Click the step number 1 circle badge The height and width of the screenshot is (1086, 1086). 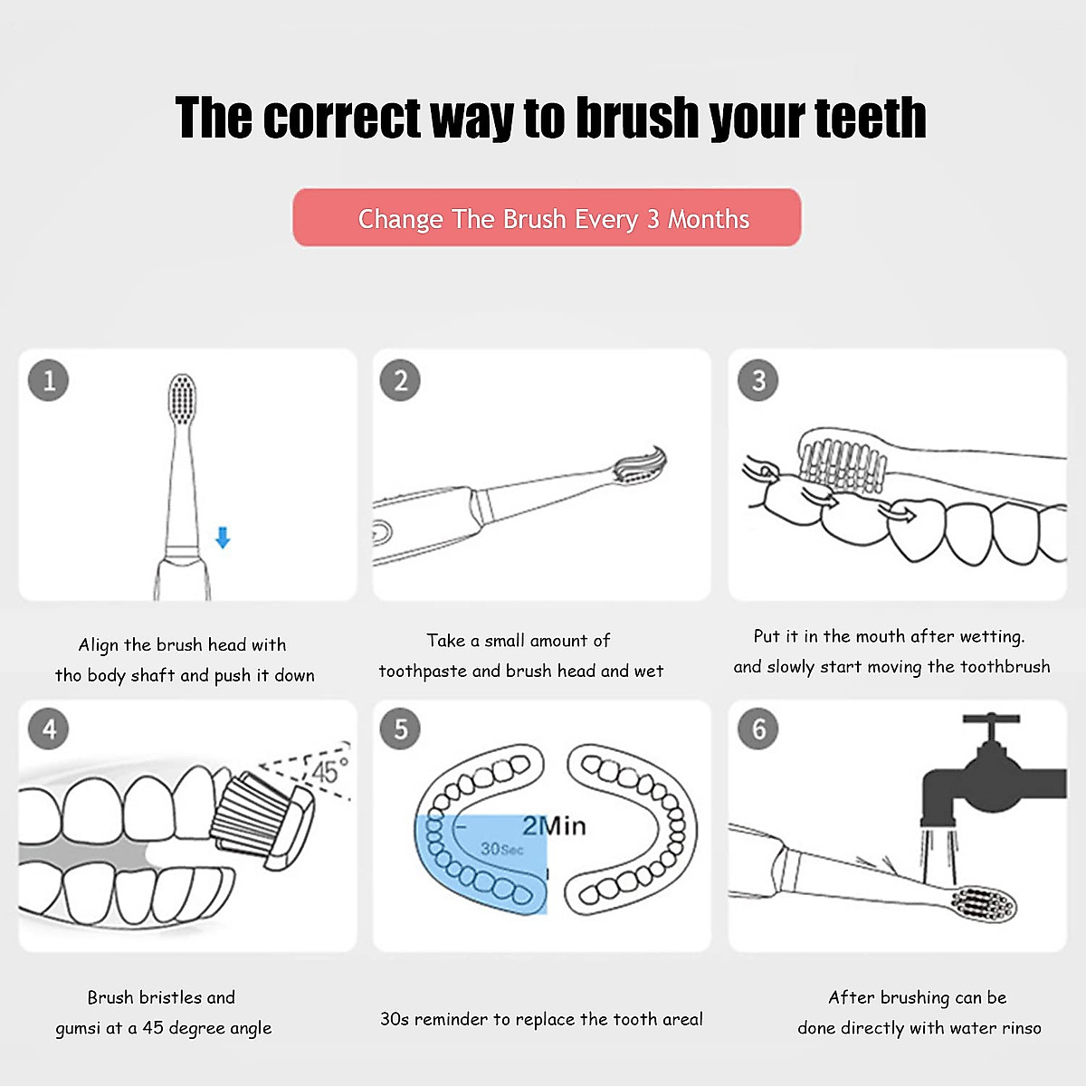pos(49,380)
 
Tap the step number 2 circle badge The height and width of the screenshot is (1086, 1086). pos(401,380)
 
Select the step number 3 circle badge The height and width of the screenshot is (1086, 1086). pos(758,380)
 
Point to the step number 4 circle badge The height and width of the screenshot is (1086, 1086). pos(49,729)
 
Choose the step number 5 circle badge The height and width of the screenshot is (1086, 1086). pos(401,729)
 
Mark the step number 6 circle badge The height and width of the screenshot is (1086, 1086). pos(758,729)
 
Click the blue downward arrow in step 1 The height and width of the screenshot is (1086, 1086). pos(223,538)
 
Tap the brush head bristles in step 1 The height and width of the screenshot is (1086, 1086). pos(183,399)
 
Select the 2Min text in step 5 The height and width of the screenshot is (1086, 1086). pos(554,825)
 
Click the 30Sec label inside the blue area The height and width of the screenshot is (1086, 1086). pos(501,849)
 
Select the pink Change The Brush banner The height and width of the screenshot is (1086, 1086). pos(547,218)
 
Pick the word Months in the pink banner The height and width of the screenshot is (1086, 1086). pos(709,219)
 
